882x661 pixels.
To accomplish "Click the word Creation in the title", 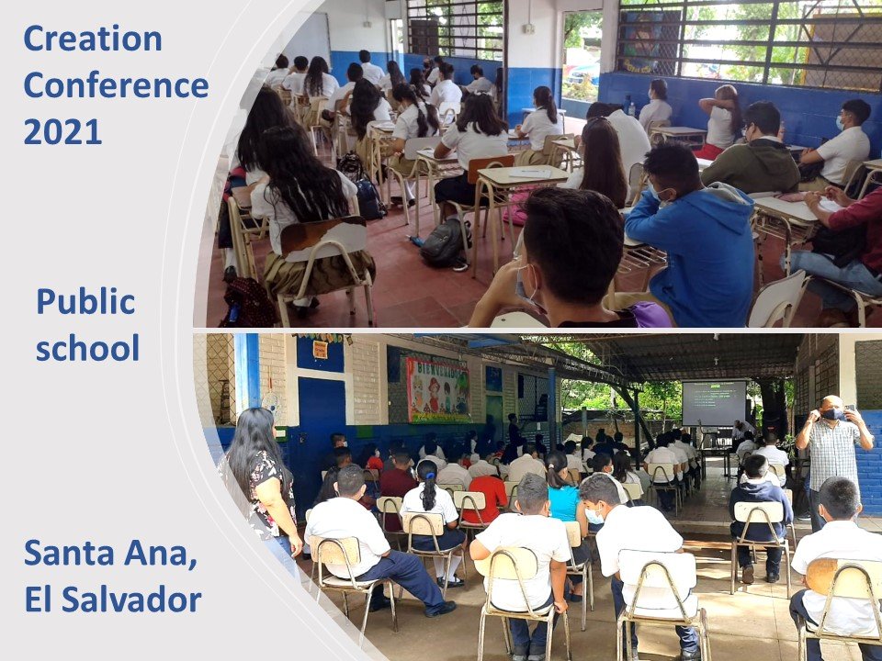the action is tap(93, 39).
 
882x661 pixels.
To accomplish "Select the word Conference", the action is tap(116, 85).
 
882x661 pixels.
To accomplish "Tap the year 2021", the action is tap(62, 132).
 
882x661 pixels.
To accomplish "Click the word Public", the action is tap(85, 302).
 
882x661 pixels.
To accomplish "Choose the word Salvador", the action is tap(131, 599).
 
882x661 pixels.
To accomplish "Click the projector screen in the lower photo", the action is tap(714, 403).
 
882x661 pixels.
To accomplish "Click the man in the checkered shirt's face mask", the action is tap(833, 414).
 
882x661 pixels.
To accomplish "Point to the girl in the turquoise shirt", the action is tap(564, 495).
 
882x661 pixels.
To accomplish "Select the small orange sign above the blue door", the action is tap(320, 349).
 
